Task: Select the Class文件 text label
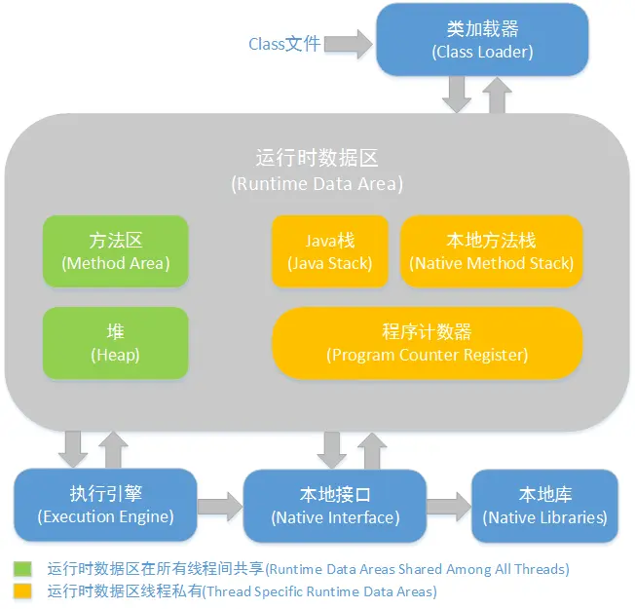coord(284,44)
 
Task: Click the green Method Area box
coord(115,250)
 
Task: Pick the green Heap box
coord(115,343)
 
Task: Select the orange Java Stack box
coord(329,250)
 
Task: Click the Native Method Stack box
coord(492,250)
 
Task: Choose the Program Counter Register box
coord(427,343)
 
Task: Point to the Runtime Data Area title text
coord(317,170)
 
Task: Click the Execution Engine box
coord(106,505)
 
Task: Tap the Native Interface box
coord(335,505)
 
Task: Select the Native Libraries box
coord(544,505)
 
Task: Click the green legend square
coord(20,568)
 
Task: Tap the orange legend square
coord(20,590)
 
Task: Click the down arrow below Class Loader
coord(456,95)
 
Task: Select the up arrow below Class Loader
coord(497,94)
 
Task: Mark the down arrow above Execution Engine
coord(72,449)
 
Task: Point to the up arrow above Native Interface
coord(370,449)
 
